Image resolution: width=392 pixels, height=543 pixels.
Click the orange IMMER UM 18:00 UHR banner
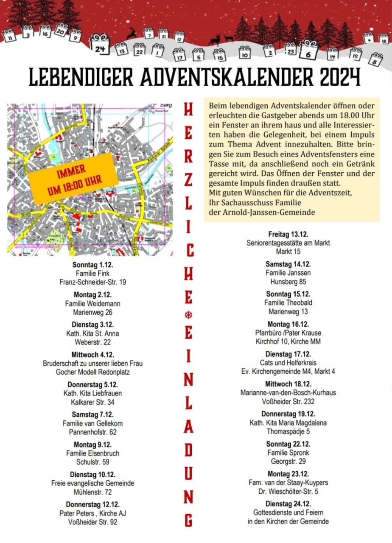pyautogui.click(x=72, y=175)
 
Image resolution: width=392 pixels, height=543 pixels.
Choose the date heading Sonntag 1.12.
pyautogui.click(x=92, y=265)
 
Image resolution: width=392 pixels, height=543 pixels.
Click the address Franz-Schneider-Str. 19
pyautogui.click(x=92, y=282)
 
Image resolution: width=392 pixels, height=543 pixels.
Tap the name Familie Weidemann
pyautogui.click(x=92, y=304)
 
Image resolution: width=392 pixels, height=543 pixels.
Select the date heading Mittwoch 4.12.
pyautogui.click(x=92, y=355)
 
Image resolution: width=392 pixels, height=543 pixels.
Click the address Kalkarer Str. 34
pyautogui.click(x=92, y=402)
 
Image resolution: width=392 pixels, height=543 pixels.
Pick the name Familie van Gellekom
pyautogui.click(x=92, y=423)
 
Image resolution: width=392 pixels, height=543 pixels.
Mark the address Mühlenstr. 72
pyautogui.click(x=92, y=492)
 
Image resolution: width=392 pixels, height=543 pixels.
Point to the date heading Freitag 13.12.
pyautogui.click(x=288, y=235)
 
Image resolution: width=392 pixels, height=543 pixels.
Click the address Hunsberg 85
pyautogui.click(x=288, y=281)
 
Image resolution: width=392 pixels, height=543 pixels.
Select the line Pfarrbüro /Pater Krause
pyautogui.click(x=288, y=333)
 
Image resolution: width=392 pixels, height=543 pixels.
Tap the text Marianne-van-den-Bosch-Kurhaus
pyautogui.click(x=288, y=392)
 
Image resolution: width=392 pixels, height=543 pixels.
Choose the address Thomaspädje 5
pyautogui.click(x=288, y=431)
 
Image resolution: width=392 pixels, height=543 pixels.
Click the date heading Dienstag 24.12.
pyautogui.click(x=288, y=504)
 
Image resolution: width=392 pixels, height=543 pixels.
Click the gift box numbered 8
pyautogui.click(x=375, y=59)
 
